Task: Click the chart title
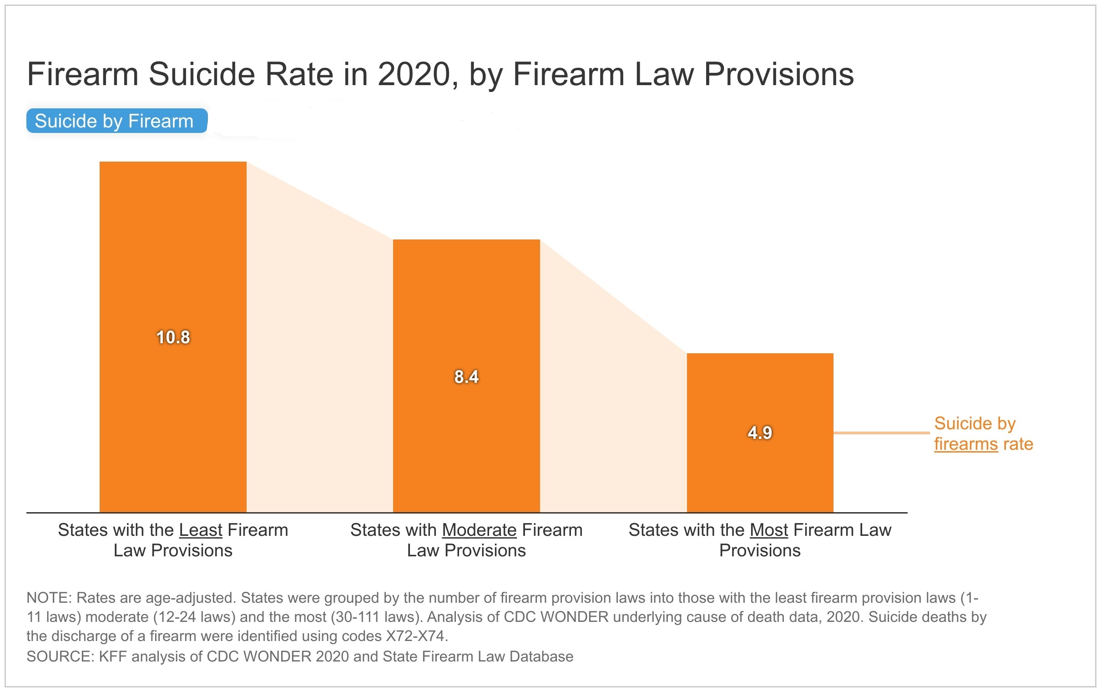click(x=440, y=74)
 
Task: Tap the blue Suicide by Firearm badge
click(x=116, y=121)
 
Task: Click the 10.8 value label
click(x=173, y=337)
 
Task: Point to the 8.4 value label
click(x=466, y=377)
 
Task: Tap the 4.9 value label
click(x=760, y=432)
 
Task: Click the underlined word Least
click(x=200, y=530)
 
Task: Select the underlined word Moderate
click(x=479, y=530)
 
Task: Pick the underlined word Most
click(x=768, y=530)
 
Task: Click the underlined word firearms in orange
click(x=966, y=444)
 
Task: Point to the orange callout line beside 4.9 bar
click(x=882, y=432)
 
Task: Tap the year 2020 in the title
click(x=414, y=74)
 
